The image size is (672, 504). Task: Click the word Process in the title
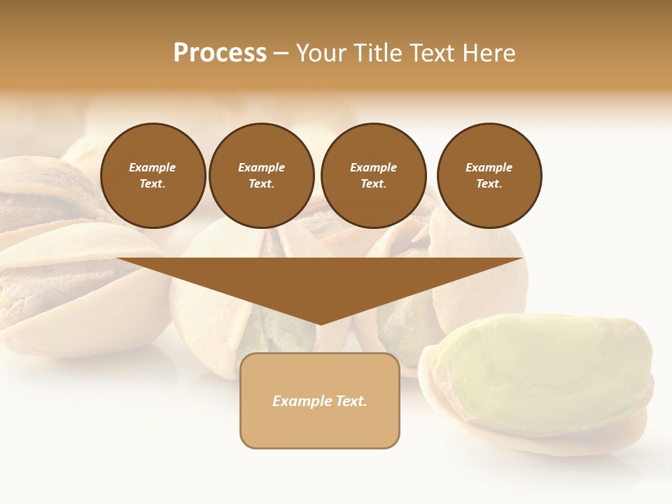click(x=220, y=53)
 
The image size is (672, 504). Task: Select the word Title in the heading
click(x=382, y=53)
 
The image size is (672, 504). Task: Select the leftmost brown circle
click(x=153, y=176)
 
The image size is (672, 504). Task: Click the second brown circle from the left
click(x=262, y=176)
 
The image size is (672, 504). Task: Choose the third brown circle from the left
click(x=374, y=176)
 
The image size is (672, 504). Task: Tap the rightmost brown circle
click(x=489, y=176)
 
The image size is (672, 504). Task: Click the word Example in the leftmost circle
click(x=153, y=167)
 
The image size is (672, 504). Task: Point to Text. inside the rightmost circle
click(x=489, y=184)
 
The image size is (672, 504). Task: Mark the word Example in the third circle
click(x=374, y=167)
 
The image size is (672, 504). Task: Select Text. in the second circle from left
click(x=262, y=184)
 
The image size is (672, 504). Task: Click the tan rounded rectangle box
click(x=320, y=427)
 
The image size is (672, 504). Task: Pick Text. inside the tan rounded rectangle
click(x=350, y=401)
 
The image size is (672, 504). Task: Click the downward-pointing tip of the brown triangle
click(x=320, y=323)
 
